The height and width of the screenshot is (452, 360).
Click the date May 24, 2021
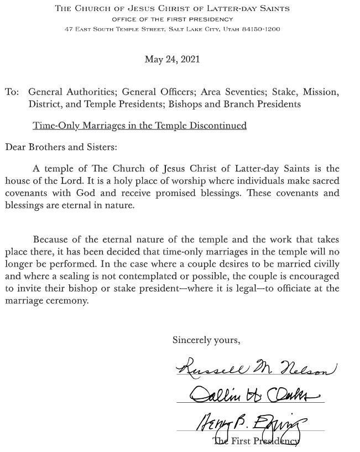click(172, 59)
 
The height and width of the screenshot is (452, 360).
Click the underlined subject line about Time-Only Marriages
click(139, 126)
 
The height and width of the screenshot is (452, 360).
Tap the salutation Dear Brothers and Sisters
click(61, 147)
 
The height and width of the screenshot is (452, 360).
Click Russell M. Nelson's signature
click(255, 366)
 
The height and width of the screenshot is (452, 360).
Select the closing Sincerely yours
click(206, 340)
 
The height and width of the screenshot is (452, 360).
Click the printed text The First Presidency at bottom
click(256, 441)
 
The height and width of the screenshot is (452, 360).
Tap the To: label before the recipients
click(12, 92)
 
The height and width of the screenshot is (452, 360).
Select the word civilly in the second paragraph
click(325, 264)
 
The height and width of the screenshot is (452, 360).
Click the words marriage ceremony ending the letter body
click(46, 300)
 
